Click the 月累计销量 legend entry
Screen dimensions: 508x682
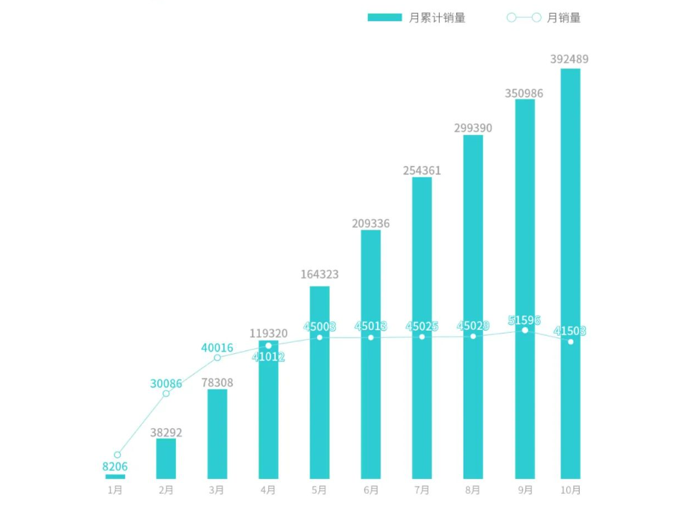(417, 18)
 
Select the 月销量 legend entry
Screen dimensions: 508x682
(544, 18)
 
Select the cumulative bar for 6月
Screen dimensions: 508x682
(371, 354)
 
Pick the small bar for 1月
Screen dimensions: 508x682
(115, 477)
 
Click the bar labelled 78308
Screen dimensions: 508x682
(217, 434)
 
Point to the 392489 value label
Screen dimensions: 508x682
(569, 59)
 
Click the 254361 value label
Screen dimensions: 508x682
(421, 170)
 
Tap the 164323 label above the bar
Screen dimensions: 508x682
(319, 274)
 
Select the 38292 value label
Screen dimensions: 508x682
(166, 432)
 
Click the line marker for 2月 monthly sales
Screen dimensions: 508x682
(167, 394)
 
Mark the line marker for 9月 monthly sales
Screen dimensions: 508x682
(525, 330)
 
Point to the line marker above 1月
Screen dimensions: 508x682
(117, 455)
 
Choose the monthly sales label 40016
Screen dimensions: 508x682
(216, 347)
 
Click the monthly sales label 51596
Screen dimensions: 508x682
(525, 320)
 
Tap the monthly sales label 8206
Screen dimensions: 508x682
(115, 466)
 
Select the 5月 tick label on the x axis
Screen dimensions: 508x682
(319, 490)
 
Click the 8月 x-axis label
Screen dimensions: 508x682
(473, 490)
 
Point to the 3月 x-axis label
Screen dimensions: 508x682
(217, 490)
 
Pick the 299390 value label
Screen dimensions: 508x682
(473, 128)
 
